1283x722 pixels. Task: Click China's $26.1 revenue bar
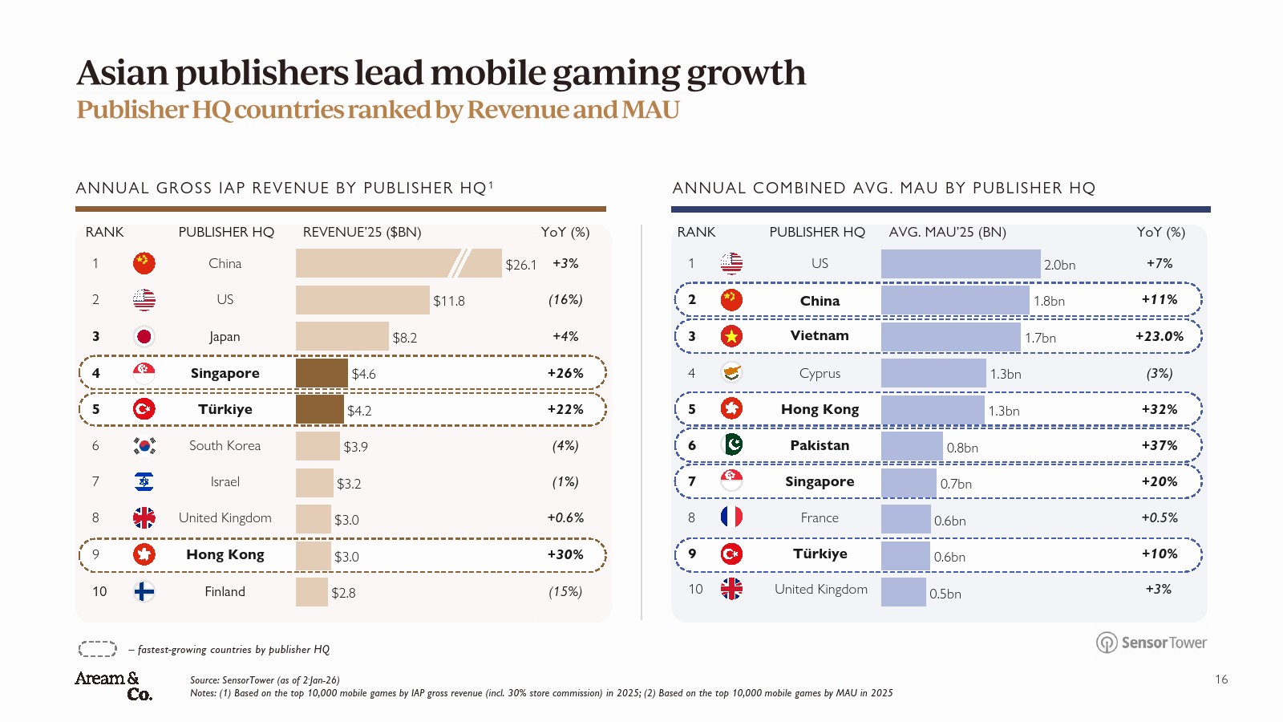pyautogui.click(x=399, y=263)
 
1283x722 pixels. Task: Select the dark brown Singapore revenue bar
pyautogui.click(x=322, y=373)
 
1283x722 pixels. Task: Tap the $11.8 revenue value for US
pyautogui.click(x=449, y=301)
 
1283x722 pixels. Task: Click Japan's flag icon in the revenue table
pyautogui.click(x=144, y=336)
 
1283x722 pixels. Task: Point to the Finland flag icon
pyautogui.click(x=144, y=591)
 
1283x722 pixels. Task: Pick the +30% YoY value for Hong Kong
pyautogui.click(x=565, y=554)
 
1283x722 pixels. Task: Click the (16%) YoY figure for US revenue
pyautogui.click(x=565, y=299)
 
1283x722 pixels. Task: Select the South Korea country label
pyautogui.click(x=225, y=445)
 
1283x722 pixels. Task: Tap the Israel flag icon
pyautogui.click(x=144, y=481)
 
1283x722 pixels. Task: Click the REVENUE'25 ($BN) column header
pyautogui.click(x=362, y=232)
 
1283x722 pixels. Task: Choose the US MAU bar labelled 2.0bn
pyautogui.click(x=961, y=264)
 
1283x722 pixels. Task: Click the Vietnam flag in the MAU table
pyautogui.click(x=731, y=336)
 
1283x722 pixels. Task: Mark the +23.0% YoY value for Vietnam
pyautogui.click(x=1160, y=336)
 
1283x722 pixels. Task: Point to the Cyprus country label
pyautogui.click(x=820, y=373)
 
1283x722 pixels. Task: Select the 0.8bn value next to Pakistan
pyautogui.click(x=962, y=448)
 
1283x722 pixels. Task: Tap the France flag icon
pyautogui.click(x=731, y=517)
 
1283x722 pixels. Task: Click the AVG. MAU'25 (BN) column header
pyautogui.click(x=947, y=232)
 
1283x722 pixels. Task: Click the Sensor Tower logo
pyautogui.click(x=1151, y=643)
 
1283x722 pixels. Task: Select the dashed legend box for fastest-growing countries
pyautogui.click(x=98, y=649)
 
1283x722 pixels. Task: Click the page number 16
pyautogui.click(x=1221, y=679)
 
